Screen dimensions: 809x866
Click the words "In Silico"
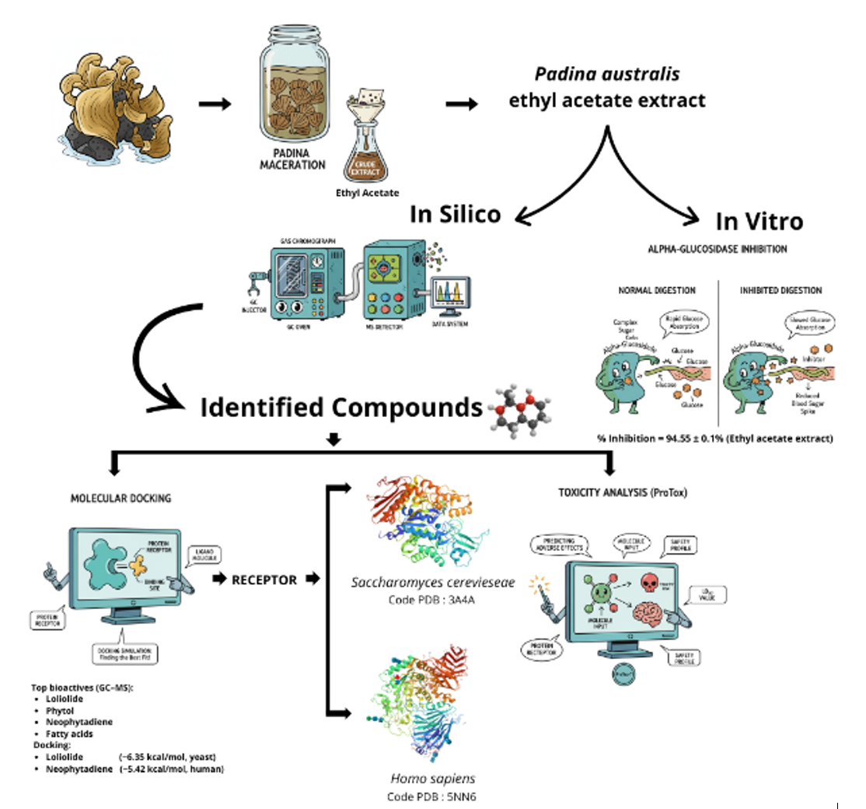(455, 214)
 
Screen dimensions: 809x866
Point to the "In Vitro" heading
(759, 222)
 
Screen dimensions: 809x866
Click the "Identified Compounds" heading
(342, 407)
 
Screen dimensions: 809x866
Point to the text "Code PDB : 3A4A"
(432, 600)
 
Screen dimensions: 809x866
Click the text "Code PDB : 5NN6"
(431, 797)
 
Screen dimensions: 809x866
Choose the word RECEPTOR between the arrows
(264, 580)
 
